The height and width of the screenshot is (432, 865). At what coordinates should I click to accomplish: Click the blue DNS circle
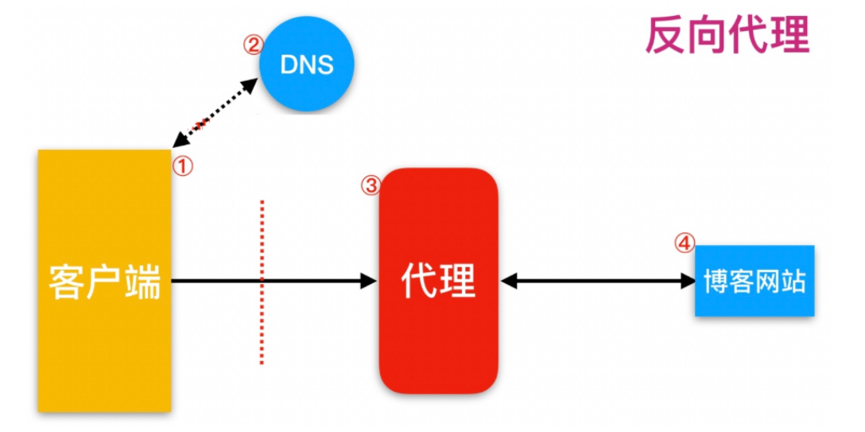click(307, 63)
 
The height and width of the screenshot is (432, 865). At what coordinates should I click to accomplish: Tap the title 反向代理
click(727, 35)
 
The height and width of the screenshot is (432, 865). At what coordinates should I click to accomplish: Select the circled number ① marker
click(184, 165)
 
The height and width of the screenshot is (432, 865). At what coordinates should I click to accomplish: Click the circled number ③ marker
click(370, 185)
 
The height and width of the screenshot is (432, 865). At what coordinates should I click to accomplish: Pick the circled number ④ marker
click(685, 243)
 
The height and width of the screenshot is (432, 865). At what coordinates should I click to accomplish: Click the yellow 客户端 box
click(105, 280)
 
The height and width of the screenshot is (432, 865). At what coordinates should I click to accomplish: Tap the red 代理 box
click(438, 280)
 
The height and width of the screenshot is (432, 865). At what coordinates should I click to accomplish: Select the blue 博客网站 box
click(754, 281)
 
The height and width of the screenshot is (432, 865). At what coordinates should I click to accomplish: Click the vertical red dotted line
click(262, 282)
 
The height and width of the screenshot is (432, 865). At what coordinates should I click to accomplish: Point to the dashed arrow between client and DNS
click(215, 113)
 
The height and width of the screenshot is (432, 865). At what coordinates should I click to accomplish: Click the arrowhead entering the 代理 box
click(368, 280)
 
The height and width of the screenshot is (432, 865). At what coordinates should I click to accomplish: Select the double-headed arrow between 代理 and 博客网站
click(596, 280)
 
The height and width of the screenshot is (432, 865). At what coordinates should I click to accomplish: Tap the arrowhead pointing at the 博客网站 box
click(687, 280)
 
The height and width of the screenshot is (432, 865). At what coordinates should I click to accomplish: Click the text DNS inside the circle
click(307, 64)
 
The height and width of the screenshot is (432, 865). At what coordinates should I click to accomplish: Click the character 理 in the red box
click(458, 280)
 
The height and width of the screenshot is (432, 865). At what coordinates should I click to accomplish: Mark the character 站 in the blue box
click(793, 281)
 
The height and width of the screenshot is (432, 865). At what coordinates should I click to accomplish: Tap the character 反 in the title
click(665, 35)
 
